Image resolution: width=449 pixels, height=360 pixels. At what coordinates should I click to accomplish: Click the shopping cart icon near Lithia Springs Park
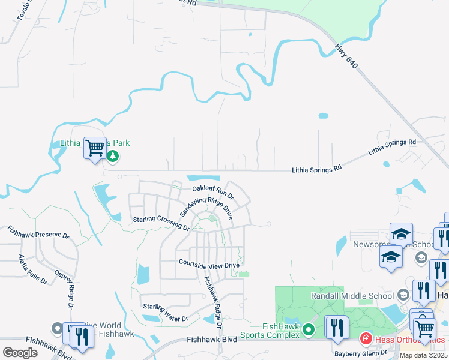(95, 147)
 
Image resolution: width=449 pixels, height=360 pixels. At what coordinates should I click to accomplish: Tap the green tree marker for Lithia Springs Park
(113, 156)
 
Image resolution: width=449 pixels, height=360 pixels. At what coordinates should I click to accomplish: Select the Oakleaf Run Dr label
(212, 192)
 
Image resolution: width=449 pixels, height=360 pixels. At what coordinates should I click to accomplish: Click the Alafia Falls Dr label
(32, 269)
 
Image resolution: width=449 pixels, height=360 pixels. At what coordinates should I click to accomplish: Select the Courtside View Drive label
(209, 264)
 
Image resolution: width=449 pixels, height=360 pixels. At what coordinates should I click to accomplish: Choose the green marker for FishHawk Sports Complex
(309, 329)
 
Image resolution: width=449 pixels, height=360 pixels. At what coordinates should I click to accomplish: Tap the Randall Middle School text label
(352, 296)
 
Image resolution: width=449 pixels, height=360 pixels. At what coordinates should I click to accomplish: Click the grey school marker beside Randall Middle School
(403, 295)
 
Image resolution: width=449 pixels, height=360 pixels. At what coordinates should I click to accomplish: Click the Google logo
(20, 353)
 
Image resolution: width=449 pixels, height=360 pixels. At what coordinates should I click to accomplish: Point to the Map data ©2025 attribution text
(423, 355)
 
